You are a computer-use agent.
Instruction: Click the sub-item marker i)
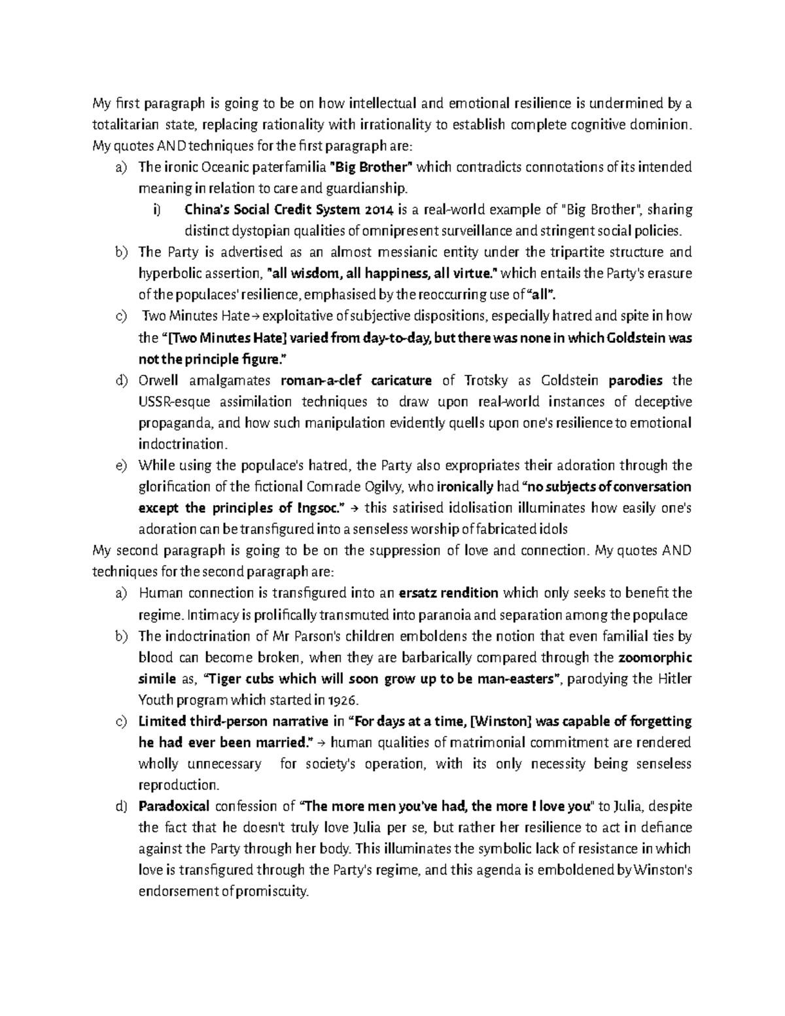pos(156,210)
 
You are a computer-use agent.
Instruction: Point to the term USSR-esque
pos(172,402)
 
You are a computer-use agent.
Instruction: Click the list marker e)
pos(120,466)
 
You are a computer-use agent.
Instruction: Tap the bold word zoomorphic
pos(655,657)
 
